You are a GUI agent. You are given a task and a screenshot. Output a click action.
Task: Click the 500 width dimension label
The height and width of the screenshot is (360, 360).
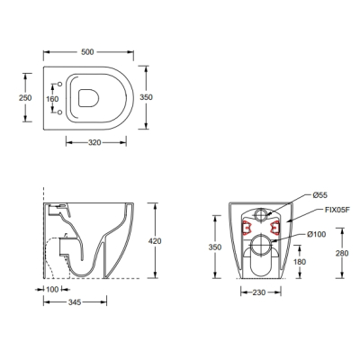pyautogui.click(x=87, y=52)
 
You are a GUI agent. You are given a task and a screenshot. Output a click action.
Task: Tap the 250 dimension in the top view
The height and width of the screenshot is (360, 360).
pyautogui.click(x=25, y=98)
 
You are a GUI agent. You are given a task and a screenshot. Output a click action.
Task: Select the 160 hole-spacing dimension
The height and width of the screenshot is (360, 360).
pyautogui.click(x=52, y=99)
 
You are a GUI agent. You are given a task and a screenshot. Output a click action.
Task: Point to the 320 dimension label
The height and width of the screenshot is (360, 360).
pyautogui.click(x=94, y=143)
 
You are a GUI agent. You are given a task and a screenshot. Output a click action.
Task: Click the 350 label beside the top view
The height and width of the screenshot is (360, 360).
pyautogui.click(x=146, y=97)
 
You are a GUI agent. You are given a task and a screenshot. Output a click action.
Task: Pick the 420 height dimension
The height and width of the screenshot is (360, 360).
pyautogui.click(x=155, y=241)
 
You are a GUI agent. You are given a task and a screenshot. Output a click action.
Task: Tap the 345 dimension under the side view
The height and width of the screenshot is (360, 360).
pyautogui.click(x=75, y=302)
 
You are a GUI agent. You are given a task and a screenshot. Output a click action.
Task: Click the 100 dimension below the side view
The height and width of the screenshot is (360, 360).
pyautogui.click(x=52, y=290)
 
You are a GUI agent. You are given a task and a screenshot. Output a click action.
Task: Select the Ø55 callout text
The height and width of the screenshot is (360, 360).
pyautogui.click(x=319, y=195)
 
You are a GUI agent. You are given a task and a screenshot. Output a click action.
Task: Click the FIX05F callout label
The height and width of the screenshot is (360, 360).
pyautogui.click(x=337, y=210)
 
